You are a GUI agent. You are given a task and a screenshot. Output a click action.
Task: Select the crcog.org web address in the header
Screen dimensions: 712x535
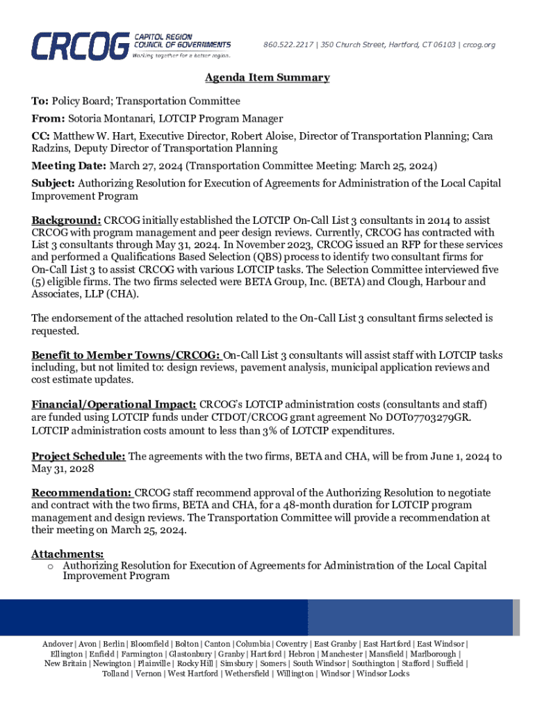point(479,45)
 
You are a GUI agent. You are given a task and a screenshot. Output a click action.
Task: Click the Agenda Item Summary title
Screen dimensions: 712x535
point(267,78)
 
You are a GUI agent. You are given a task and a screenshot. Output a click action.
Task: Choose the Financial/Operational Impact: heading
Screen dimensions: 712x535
point(114,405)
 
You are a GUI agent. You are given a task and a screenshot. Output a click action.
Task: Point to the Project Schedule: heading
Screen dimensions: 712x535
point(79,456)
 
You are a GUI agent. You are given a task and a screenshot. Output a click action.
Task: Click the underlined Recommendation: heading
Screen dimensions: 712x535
point(82,493)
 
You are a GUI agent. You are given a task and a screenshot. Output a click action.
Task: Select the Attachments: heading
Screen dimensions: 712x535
point(67,553)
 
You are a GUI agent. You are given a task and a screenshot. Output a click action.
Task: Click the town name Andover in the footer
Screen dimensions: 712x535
point(58,645)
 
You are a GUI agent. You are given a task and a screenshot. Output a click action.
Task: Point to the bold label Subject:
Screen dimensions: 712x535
point(53,184)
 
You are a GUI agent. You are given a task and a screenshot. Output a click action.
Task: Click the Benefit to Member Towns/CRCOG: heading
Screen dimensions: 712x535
point(126,355)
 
